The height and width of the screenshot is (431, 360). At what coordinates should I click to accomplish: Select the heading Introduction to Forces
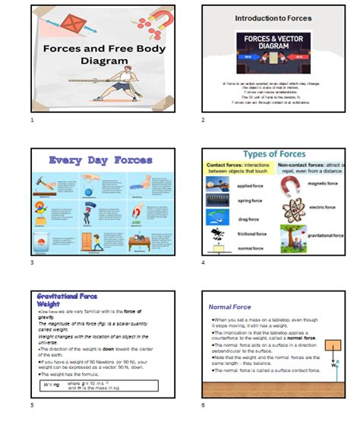[x=273, y=17]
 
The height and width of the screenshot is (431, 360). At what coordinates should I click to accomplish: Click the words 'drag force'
[x=247, y=219]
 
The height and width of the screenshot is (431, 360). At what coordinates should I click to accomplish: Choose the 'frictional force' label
[x=251, y=234]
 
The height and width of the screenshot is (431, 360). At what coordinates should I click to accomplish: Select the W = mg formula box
[x=99, y=385]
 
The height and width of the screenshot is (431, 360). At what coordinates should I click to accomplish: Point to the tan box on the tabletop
[x=333, y=345]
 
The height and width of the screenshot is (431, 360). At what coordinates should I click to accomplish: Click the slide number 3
[x=32, y=263]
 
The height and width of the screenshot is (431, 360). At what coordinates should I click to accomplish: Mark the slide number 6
[x=203, y=405]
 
